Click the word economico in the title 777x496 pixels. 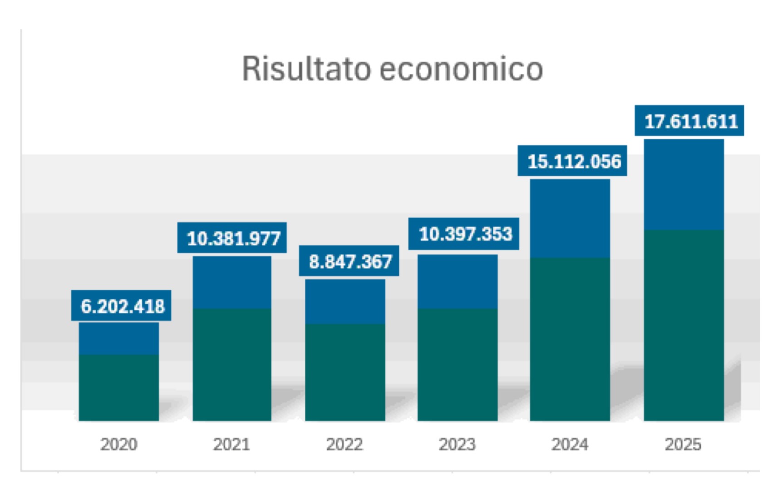[461, 69]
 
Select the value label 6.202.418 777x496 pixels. [122, 306]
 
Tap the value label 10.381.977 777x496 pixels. [233, 238]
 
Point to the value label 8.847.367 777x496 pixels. [349, 261]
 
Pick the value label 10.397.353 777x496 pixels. [464, 234]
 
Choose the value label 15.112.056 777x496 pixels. [573, 161]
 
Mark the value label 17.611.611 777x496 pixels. [690, 121]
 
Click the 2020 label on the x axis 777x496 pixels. [118, 444]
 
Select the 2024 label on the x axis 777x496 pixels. [570, 444]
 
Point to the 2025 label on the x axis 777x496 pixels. [683, 444]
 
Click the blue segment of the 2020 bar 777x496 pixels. [118, 338]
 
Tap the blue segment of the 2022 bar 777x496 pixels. [345, 301]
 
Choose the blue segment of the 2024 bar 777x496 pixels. [570, 218]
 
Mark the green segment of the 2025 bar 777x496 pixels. [684, 325]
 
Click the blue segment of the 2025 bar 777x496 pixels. [684, 184]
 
